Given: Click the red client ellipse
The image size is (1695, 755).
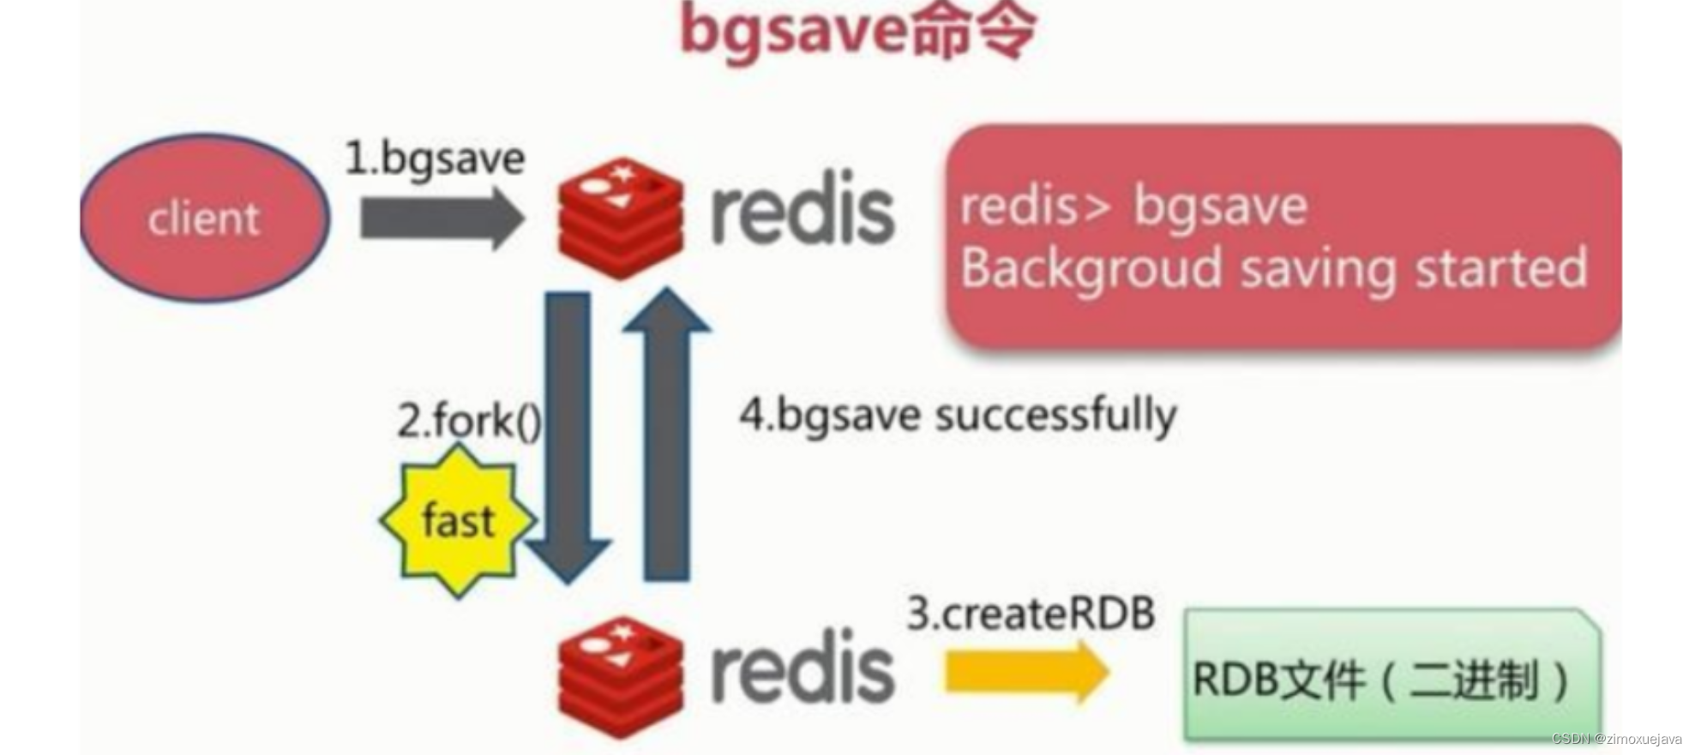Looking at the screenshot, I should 204,218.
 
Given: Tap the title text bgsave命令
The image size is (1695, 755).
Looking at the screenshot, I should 857,32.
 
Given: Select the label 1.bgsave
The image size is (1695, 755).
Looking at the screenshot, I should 434,159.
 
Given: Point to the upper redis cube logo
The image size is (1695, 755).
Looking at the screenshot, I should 621,218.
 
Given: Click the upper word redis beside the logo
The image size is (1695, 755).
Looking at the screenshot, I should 802,211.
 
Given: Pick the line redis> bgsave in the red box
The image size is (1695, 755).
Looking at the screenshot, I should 1133,207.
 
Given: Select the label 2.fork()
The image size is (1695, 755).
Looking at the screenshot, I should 469,421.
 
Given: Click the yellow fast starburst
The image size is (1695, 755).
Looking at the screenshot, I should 458,520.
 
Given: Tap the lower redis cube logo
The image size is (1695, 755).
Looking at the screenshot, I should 621,677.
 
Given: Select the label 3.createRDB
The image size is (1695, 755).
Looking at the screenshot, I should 1031,614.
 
